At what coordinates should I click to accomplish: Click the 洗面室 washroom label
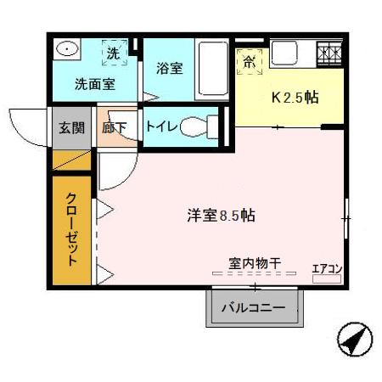[x=93, y=84]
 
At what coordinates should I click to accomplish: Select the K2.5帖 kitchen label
[x=295, y=98]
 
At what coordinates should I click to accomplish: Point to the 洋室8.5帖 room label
[x=221, y=216]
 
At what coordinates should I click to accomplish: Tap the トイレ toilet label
[x=161, y=126]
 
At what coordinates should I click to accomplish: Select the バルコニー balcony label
[x=254, y=307]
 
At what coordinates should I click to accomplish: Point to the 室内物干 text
[x=255, y=263]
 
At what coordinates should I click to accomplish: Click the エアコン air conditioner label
[x=327, y=269]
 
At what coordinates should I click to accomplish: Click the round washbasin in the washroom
[x=66, y=50]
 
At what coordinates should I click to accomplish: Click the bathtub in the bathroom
[x=211, y=70]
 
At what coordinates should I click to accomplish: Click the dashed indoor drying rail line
[x=254, y=274]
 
